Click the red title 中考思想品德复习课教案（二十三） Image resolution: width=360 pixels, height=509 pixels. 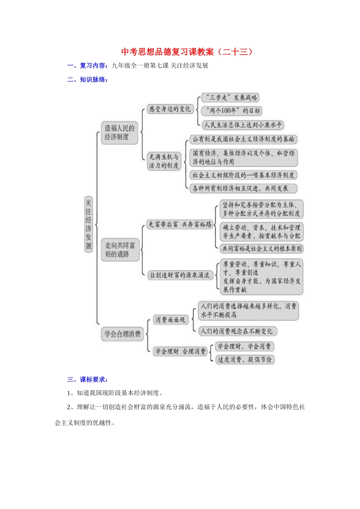187,52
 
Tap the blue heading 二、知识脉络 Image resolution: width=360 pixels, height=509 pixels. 87,80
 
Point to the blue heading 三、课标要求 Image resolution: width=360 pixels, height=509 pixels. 87,379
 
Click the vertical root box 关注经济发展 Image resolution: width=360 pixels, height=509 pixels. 88,224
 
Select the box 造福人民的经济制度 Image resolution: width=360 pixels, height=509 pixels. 119,133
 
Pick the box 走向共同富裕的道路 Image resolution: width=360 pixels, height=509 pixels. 120,250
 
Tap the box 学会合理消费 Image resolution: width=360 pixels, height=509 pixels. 122,334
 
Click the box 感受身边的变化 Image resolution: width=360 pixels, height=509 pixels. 170,109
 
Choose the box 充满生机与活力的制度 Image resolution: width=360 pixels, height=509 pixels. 164,161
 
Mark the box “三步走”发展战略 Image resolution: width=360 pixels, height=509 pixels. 230,98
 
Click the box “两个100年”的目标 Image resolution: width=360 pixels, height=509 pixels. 232,111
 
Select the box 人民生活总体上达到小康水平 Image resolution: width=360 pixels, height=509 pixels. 243,125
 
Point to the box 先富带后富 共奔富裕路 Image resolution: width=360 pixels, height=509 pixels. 180,225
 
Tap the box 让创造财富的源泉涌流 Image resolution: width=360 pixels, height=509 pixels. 180,275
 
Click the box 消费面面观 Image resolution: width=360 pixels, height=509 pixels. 171,320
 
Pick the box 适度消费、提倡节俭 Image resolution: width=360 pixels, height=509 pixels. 244,359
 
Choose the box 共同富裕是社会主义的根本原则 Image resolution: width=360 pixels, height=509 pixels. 262,248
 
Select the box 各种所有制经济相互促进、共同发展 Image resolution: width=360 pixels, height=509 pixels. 243,188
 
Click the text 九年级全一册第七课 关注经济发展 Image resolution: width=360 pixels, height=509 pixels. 160,66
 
